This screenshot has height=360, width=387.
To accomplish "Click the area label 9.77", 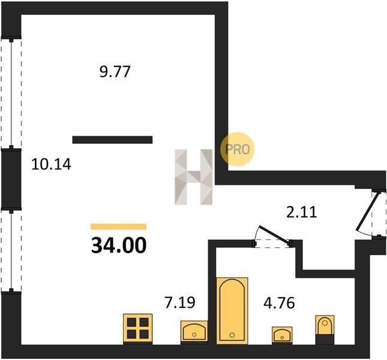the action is coord(115,72).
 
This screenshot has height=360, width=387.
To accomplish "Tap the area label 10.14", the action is coord(52,164).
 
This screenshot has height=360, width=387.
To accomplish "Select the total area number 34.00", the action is coord(119,245).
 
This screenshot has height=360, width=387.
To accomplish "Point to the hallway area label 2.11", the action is coord(302,212).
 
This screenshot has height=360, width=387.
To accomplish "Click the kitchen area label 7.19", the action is coord(180,302).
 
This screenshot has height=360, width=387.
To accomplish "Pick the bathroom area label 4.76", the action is coord(279,303).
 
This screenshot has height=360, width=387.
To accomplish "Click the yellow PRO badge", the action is coord(237,149).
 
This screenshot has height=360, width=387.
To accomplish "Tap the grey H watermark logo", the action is coord(193,177).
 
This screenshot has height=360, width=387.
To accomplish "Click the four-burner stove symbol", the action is coord(138,329).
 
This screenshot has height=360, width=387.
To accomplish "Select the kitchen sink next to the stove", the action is coord(194,332).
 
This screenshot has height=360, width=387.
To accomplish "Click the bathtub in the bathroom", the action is coord(232,311).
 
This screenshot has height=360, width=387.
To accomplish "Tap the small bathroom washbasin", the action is coord(282,335).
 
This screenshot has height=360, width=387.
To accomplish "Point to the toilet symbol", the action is coord(325,329).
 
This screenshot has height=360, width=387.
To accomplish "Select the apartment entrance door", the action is coord(370,214).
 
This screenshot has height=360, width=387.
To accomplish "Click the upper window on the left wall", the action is coord(11,93).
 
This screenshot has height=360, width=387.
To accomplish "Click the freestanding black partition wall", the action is coord(112,140).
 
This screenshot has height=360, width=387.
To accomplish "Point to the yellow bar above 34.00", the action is coord(118,227).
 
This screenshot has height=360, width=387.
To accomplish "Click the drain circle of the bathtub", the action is coord(232,335).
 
